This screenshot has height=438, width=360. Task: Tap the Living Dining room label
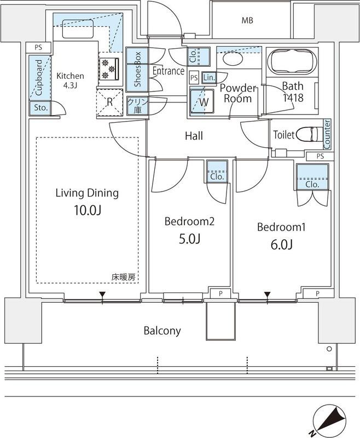(87, 193)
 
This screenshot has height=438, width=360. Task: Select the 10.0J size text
(87, 211)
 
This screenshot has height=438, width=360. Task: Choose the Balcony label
(162, 331)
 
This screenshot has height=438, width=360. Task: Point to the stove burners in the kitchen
(110, 68)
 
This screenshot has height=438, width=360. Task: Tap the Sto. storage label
(40, 108)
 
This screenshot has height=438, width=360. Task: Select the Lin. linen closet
(209, 78)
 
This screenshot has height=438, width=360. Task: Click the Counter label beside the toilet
(327, 134)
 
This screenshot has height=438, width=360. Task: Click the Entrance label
(168, 71)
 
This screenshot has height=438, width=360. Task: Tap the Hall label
(194, 135)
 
